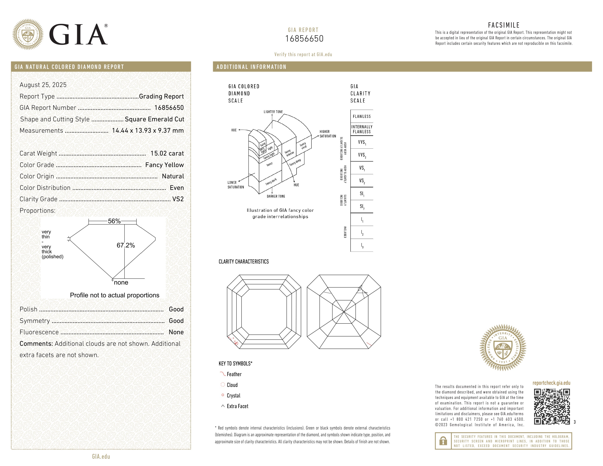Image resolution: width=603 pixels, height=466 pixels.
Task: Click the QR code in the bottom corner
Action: coord(552,406)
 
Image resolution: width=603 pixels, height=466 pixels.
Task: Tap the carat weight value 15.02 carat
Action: coord(167,154)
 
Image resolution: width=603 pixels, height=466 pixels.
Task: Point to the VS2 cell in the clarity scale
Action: coord(362,181)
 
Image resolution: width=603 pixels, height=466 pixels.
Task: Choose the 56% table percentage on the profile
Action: coord(114,221)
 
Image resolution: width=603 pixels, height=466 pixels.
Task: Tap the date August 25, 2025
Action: coord(43,85)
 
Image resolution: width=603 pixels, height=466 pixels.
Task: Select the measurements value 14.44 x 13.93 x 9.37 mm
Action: coord(148,131)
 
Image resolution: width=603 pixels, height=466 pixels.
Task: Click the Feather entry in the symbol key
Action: coord(234,374)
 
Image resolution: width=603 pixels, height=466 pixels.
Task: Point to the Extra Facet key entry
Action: coord(237,406)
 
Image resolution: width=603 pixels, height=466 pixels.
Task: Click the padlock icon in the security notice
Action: coord(443,441)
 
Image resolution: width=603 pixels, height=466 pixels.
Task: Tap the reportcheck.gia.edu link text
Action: coord(551,383)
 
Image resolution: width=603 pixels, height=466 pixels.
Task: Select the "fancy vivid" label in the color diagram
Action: coord(303,146)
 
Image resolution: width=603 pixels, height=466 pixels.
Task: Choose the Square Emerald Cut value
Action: coord(154,119)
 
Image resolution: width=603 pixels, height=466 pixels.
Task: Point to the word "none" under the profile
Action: coord(121,282)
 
